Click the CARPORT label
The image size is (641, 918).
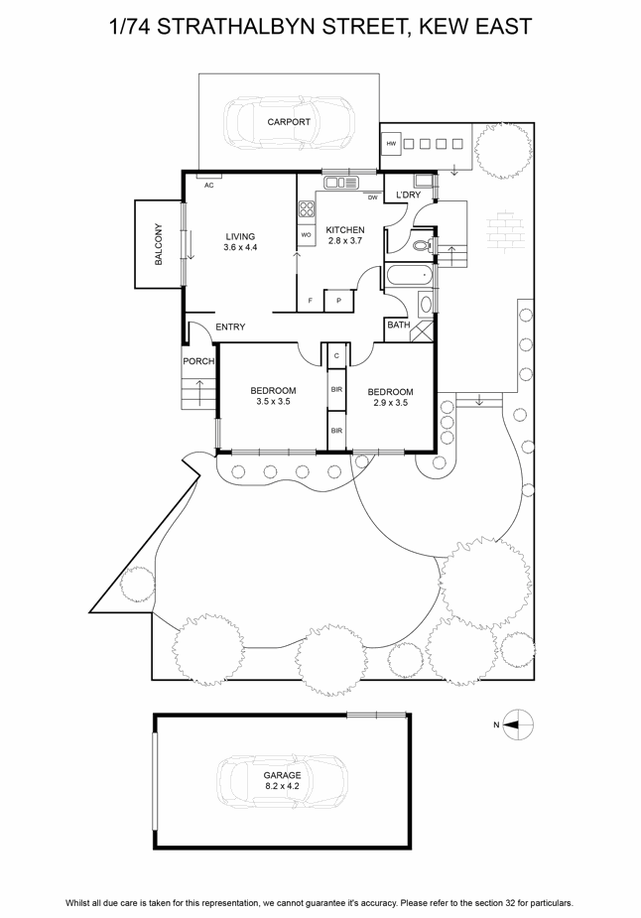289,122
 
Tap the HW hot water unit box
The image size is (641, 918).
392,144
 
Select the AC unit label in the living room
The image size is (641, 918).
209,186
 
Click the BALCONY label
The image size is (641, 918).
159,244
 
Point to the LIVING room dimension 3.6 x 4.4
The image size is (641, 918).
240,247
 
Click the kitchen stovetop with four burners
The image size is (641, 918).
307,209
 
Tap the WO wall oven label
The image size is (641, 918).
306,235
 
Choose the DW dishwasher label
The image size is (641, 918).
372,197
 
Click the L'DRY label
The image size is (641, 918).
409,195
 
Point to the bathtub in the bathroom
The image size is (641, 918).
409,276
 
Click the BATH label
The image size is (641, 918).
399,325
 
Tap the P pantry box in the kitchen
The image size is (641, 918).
338,301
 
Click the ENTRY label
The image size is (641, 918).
230,327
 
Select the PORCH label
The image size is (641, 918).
198,361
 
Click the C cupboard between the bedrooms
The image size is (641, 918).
336,355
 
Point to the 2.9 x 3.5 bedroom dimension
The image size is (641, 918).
390,403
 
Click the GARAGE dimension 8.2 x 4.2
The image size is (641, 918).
282,786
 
